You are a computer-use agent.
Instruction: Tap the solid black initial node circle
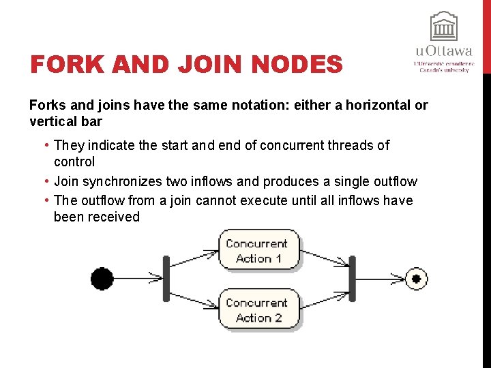102,279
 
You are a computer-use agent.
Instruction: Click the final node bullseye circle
417,278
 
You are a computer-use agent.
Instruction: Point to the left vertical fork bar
166,278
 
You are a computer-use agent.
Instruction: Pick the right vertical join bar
352,278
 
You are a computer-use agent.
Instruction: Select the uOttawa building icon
443,27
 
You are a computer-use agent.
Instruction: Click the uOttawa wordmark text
443,51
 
